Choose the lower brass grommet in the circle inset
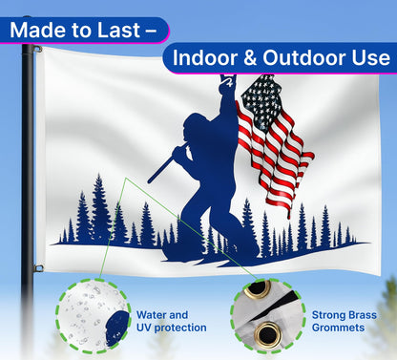tap(267, 333)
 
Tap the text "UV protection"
tap(171, 328)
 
